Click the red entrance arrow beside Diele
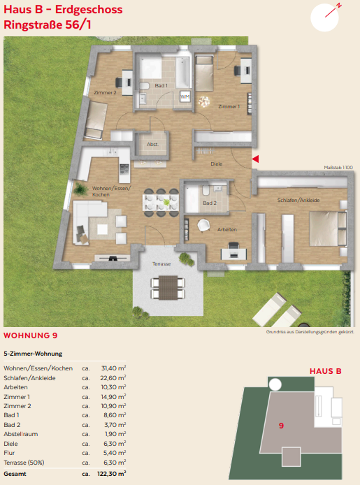coord(255,159)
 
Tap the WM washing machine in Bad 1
coord(185,97)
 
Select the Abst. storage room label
coord(152,144)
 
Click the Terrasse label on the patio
coord(161,264)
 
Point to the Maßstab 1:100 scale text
coord(338,167)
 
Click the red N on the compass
coord(339,6)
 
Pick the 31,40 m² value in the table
coord(113,368)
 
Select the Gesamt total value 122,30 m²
coord(112,474)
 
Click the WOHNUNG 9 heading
coord(31,335)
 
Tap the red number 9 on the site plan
coord(281,426)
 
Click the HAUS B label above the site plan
coord(325,371)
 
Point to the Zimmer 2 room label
coord(105,92)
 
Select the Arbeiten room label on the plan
coord(227,229)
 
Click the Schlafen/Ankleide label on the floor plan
coord(298,200)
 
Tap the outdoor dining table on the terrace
coord(168,288)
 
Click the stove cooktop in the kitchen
coord(124,169)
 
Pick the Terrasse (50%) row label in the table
coord(24,463)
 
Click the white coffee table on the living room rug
coord(102,229)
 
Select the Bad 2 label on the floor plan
coord(210,203)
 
